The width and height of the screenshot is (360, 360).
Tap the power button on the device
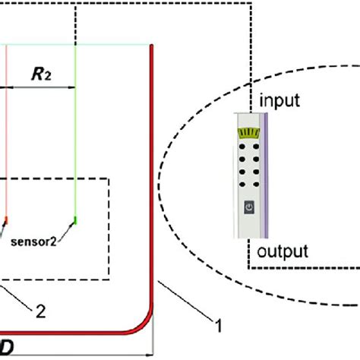[x=249, y=207]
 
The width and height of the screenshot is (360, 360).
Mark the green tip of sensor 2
[x=75, y=221]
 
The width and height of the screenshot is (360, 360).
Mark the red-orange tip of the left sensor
[x=6, y=220]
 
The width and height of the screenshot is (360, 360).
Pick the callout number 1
[x=219, y=327]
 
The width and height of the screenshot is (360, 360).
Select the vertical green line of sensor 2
[x=76, y=152]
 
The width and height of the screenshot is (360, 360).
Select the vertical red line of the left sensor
[x=7, y=152]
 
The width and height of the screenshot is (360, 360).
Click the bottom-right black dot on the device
[x=255, y=185]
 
